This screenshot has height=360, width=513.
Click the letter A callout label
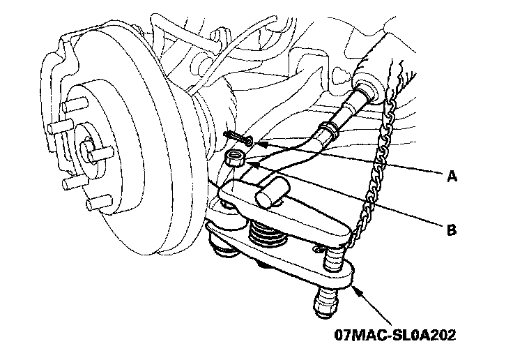click(x=452, y=177)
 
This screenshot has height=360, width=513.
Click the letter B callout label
click(x=451, y=229)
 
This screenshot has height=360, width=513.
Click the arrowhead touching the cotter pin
click(x=259, y=143)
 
